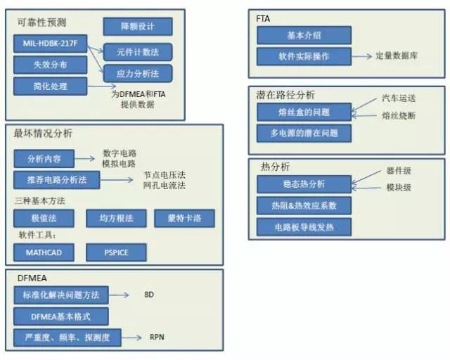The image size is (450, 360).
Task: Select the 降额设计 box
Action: pyautogui.click(x=138, y=27)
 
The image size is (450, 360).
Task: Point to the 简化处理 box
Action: pyautogui.click(x=49, y=86)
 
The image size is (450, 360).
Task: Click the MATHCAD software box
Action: pyautogui.click(x=44, y=252)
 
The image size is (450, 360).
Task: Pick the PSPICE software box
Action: pyautogui.click(x=116, y=252)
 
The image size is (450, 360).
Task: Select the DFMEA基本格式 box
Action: pyautogui.click(x=61, y=316)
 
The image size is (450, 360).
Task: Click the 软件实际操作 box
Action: pyautogui.click(x=303, y=56)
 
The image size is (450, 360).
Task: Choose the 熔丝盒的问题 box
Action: pyautogui.click(x=303, y=111)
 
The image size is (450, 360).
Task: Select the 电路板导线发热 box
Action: pyautogui.click(x=303, y=226)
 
